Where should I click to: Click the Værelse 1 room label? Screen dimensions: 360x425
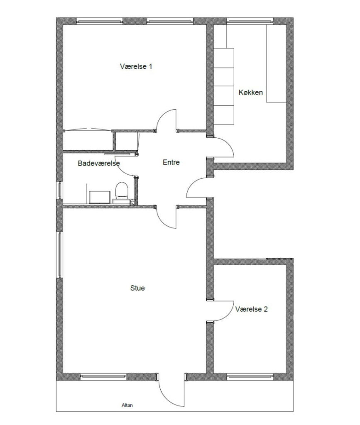point(136,66)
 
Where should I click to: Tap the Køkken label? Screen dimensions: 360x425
point(251,93)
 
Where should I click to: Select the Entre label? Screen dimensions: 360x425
point(171,162)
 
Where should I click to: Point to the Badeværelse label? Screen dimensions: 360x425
point(99,164)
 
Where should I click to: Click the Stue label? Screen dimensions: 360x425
point(137,288)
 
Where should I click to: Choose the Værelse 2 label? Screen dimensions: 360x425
point(251,309)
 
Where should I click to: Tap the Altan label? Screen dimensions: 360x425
point(127,405)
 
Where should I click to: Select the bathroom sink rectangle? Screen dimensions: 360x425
point(100,197)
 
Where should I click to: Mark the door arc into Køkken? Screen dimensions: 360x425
point(228,143)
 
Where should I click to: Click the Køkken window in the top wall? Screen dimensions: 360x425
point(250,21)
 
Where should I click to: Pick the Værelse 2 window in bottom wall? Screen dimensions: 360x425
point(250,377)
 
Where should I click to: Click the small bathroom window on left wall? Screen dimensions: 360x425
point(60,190)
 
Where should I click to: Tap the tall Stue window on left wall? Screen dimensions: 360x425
point(60,254)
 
